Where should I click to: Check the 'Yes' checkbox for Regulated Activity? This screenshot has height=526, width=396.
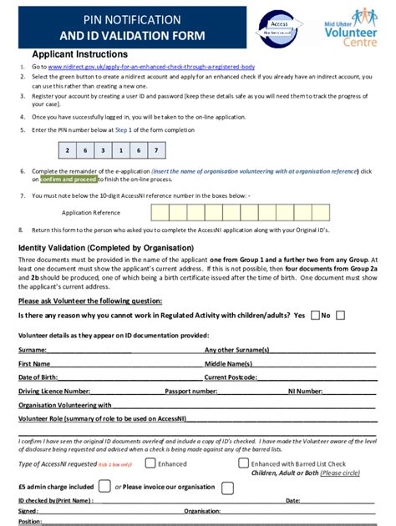(315, 316)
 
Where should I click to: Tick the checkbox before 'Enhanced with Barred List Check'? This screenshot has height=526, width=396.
(243, 463)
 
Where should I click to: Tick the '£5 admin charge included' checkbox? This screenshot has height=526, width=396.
(104, 486)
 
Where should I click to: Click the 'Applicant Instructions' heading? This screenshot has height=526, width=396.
(69, 53)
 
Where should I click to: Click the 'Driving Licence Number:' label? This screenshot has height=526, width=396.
(54, 390)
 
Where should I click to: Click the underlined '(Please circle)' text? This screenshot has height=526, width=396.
(341, 473)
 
